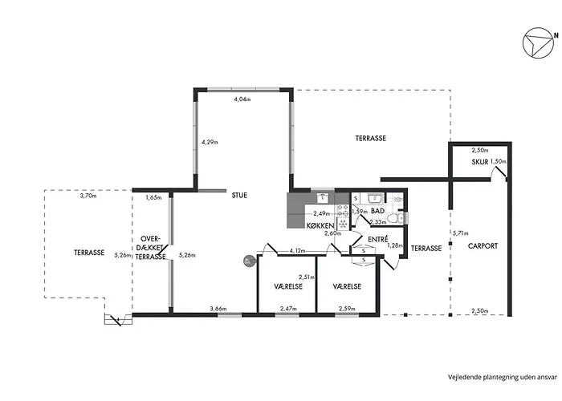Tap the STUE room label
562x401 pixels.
pyautogui.click(x=239, y=196)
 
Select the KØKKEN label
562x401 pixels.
pyautogui.click(x=320, y=226)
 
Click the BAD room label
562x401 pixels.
pyautogui.click(x=377, y=211)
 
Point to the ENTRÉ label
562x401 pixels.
pyautogui.click(x=378, y=240)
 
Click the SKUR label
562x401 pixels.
pyautogui.click(x=480, y=162)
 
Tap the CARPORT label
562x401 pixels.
pyautogui.click(x=483, y=246)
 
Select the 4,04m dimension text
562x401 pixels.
pyautogui.click(x=242, y=99)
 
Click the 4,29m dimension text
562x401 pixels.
pyautogui.click(x=210, y=142)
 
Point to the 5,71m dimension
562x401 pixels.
pyautogui.click(x=461, y=233)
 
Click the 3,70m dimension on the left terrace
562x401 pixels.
pyautogui.click(x=88, y=196)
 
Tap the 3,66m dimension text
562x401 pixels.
pyautogui.click(x=218, y=309)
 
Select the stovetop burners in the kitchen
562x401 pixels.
pyautogui.click(x=343, y=210)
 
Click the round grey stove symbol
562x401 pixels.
pyautogui.click(x=249, y=261)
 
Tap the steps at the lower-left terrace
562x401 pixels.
pyautogui.click(x=118, y=319)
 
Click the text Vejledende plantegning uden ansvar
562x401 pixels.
pyautogui.click(x=503, y=377)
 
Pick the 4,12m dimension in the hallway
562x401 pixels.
pyautogui.click(x=297, y=251)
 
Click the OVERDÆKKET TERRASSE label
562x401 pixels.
pyautogui.click(x=151, y=248)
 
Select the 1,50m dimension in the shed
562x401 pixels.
pyautogui.click(x=499, y=161)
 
